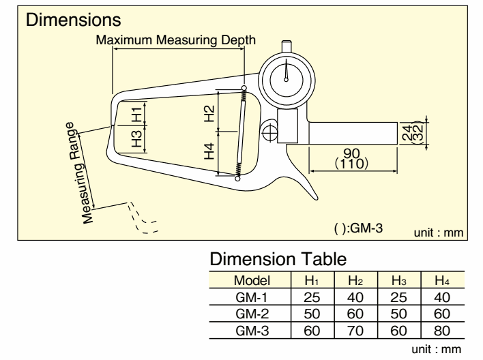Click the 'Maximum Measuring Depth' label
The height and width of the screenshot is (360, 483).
tap(176, 40)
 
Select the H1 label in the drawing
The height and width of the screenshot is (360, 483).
tap(136, 114)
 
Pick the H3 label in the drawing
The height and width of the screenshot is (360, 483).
tap(136, 138)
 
